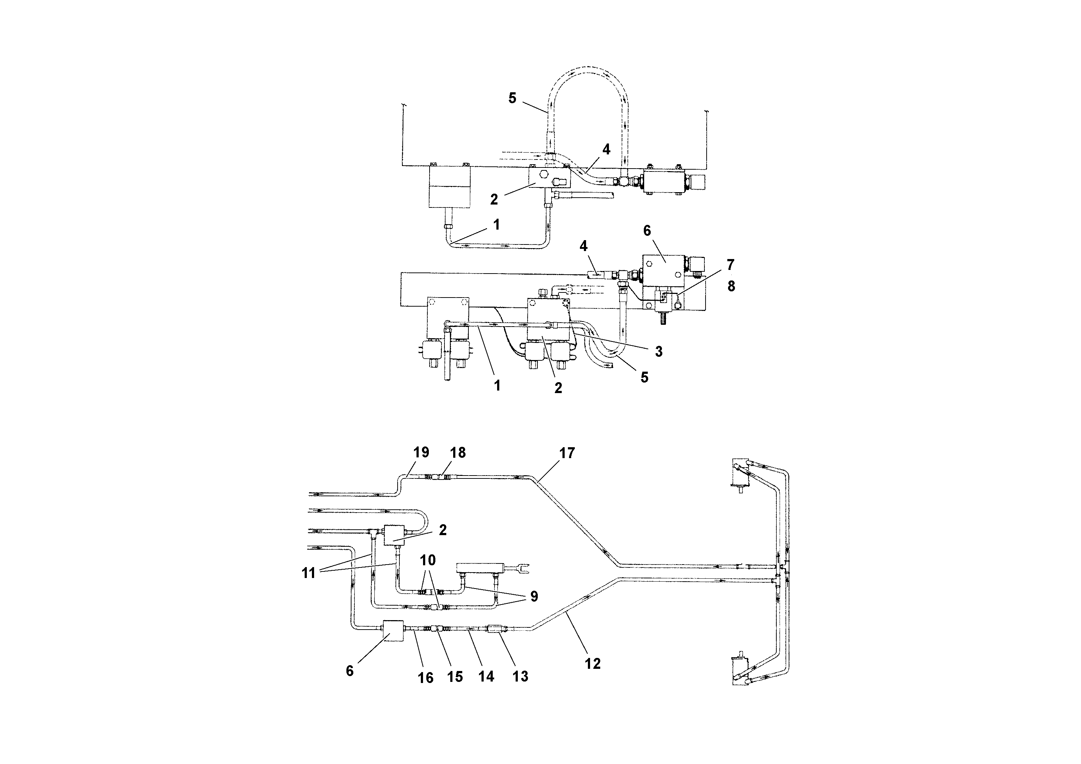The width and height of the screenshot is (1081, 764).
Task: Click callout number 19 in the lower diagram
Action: click(421, 452)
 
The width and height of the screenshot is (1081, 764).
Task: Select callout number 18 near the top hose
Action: click(458, 453)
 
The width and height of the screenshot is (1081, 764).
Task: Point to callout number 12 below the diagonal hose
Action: click(592, 664)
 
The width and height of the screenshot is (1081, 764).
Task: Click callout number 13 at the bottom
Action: click(520, 676)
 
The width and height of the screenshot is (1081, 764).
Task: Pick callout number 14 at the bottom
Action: click(486, 676)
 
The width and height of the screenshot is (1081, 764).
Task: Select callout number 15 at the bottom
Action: click(455, 677)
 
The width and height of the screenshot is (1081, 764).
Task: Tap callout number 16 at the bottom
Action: click(426, 678)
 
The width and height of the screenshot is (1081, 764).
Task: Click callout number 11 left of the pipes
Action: click(308, 574)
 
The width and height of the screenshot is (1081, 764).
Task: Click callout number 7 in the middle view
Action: click(730, 265)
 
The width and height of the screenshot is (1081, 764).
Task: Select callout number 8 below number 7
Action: click(731, 286)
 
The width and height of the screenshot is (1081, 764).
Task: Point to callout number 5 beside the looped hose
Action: click(512, 98)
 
